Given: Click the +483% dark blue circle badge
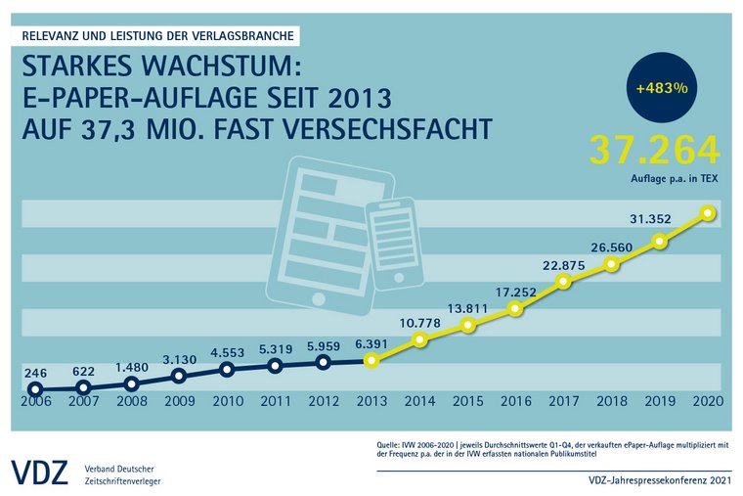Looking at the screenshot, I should pyautogui.click(x=662, y=87).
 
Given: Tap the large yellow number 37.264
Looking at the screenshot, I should pyautogui.click(x=654, y=150).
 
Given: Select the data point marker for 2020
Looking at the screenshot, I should pyautogui.click(x=708, y=213).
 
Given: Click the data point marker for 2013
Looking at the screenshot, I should pyautogui.click(x=371, y=360).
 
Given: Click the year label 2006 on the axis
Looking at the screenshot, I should pyautogui.click(x=35, y=401).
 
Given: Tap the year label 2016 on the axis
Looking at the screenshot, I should pyautogui.click(x=515, y=401).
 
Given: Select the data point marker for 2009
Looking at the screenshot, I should pyautogui.click(x=179, y=375).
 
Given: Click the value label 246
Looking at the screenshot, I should pyautogui.click(x=36, y=372).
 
